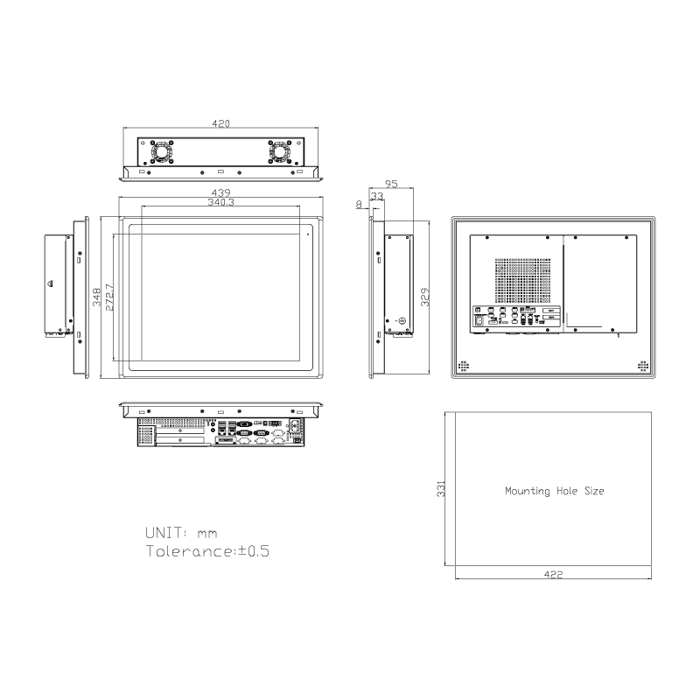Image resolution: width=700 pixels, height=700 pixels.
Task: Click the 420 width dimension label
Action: [x=220, y=124]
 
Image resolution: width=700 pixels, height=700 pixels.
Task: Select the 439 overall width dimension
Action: [x=220, y=192]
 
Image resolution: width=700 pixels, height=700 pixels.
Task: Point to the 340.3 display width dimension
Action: [x=220, y=202]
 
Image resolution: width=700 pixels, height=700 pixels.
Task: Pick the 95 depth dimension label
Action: [x=391, y=185]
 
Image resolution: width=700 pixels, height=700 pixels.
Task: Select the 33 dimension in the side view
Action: [x=377, y=197]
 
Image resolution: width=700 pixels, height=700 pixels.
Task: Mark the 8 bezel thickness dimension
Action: [x=359, y=204]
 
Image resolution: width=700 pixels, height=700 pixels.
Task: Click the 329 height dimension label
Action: [x=424, y=297]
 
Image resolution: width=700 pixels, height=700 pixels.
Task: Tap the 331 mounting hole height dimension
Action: [x=443, y=490]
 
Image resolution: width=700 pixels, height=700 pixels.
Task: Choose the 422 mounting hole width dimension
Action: [x=553, y=575]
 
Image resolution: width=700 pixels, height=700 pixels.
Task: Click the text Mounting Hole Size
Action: [x=554, y=492]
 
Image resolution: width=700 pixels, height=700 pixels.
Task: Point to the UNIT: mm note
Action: [x=181, y=532]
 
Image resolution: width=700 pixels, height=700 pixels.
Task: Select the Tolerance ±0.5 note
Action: [x=206, y=551]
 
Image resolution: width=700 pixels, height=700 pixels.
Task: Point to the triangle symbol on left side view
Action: [x=50, y=284]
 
